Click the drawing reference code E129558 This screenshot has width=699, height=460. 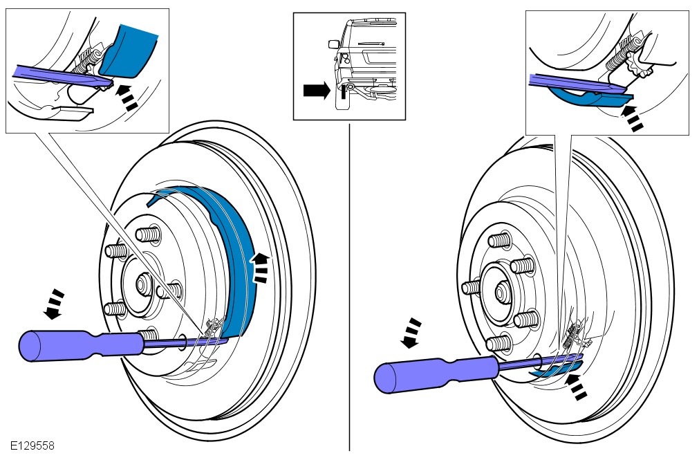32,446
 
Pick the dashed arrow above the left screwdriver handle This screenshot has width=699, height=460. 55,304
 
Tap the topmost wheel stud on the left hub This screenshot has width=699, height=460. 147,234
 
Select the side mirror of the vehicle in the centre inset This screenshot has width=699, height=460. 334,44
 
